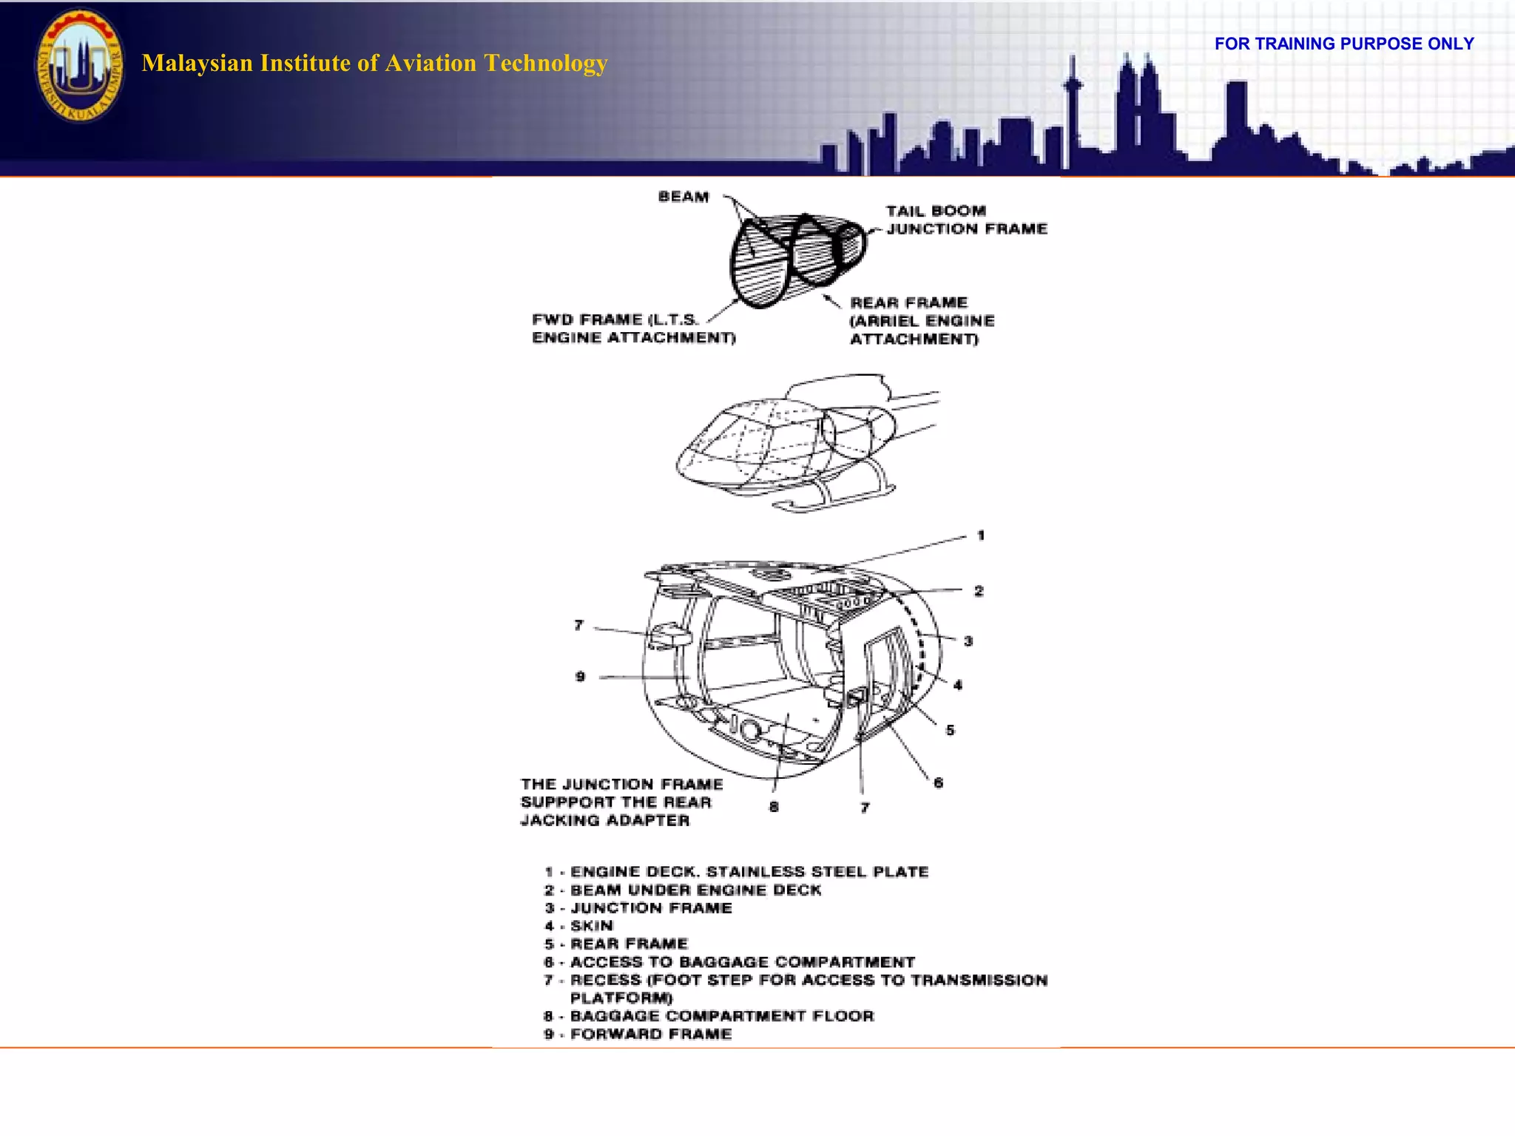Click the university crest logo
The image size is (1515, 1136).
pos(80,65)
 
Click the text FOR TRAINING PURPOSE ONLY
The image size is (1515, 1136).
pos(1343,44)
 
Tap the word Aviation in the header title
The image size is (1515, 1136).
pos(431,63)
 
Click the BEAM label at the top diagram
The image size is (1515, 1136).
pos(684,197)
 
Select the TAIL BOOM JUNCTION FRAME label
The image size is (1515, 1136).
pos(966,220)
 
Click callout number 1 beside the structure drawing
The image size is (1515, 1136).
pos(981,535)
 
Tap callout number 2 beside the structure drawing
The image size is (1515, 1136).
pos(979,591)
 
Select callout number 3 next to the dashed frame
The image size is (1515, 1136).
pos(968,641)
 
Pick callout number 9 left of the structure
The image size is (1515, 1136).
pos(580,677)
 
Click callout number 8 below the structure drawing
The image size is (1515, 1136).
pos(774,807)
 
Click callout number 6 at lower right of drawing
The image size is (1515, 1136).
pos(938,782)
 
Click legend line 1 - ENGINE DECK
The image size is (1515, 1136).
pos(737,872)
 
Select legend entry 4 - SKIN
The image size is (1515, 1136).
pos(579,926)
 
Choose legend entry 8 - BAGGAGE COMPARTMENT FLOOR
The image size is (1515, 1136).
pos(709,1016)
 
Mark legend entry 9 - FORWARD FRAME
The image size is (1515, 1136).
pos(638,1034)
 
